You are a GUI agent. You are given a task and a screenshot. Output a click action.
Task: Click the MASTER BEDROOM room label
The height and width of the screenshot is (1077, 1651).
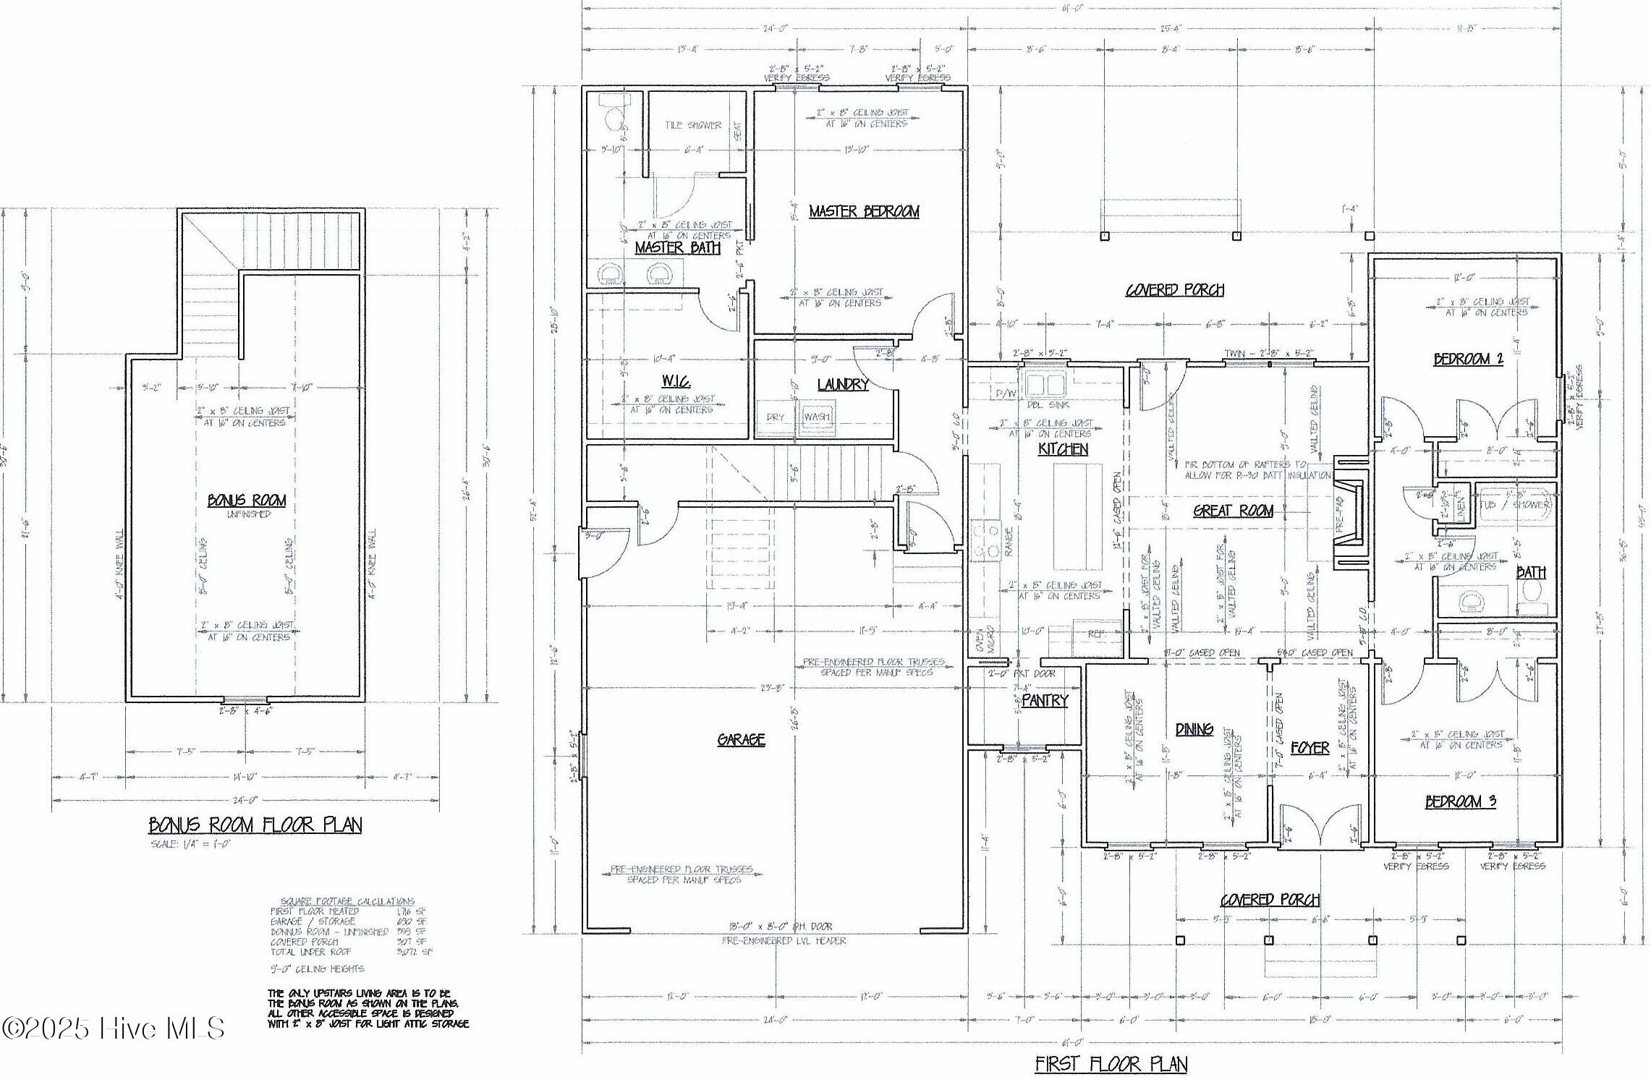pyautogui.click(x=864, y=211)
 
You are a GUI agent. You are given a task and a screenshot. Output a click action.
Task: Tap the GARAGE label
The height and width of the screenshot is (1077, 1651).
pyautogui.click(x=741, y=739)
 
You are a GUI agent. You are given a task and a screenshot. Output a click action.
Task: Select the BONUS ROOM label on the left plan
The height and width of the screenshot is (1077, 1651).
pyautogui.click(x=247, y=500)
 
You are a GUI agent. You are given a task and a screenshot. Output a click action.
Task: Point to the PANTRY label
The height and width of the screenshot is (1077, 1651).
pyautogui.click(x=1045, y=700)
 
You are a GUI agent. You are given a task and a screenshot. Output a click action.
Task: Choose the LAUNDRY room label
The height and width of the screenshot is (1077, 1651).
pyautogui.click(x=843, y=384)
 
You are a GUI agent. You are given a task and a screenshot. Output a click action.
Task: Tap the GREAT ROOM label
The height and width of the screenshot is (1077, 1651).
pyautogui.click(x=1233, y=511)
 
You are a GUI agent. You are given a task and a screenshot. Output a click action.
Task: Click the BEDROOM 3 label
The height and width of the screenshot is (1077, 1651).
pyautogui.click(x=1461, y=801)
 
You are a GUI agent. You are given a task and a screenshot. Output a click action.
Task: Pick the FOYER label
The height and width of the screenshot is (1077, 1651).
pyautogui.click(x=1310, y=748)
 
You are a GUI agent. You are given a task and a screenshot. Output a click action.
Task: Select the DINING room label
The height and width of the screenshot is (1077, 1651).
pyautogui.click(x=1194, y=729)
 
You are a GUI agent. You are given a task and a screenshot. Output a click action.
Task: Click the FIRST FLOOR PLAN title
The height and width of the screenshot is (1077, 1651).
pyautogui.click(x=1111, y=1064)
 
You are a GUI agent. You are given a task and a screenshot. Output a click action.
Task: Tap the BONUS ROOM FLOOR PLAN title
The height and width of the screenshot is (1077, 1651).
pyautogui.click(x=255, y=825)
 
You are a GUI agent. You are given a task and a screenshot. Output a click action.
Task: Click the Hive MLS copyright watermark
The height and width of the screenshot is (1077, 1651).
pyautogui.click(x=113, y=1029)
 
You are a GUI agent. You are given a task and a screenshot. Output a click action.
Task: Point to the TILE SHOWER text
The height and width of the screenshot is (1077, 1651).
pyautogui.click(x=692, y=125)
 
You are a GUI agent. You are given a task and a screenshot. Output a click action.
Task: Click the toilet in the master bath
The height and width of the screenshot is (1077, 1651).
pyautogui.click(x=614, y=118)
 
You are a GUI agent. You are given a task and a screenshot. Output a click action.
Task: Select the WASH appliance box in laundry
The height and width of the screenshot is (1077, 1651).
pyautogui.click(x=817, y=417)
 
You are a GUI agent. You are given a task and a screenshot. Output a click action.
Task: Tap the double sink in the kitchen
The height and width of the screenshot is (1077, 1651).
pyautogui.click(x=1043, y=383)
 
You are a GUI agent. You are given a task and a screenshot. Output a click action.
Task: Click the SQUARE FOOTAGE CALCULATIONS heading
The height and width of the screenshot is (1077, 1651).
pyautogui.click(x=347, y=901)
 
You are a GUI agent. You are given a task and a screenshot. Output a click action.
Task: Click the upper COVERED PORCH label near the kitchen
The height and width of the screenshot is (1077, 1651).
pyautogui.click(x=1174, y=290)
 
